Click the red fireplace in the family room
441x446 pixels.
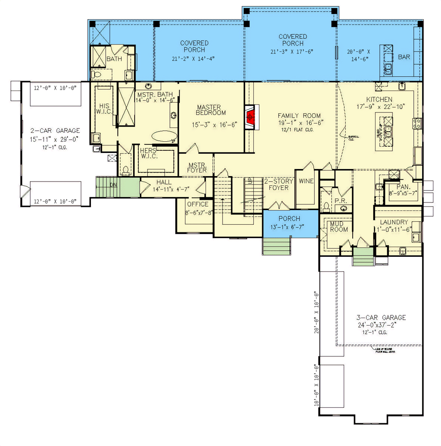click(251, 117)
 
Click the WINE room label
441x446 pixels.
click(306, 181)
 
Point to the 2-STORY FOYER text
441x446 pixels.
click(279, 185)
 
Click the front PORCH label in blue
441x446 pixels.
click(289, 219)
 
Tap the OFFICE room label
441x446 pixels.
click(198, 204)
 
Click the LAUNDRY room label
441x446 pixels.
click(394, 222)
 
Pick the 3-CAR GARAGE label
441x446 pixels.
click(381, 318)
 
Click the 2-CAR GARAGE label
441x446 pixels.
click(55, 131)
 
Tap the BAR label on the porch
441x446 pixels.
click(404, 57)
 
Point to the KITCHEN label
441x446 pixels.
click(379, 99)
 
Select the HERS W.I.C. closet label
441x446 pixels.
click(148, 153)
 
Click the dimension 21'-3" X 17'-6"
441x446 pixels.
click(293, 51)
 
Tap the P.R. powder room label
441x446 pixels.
click(341, 201)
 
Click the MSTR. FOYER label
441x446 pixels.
click(197, 167)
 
